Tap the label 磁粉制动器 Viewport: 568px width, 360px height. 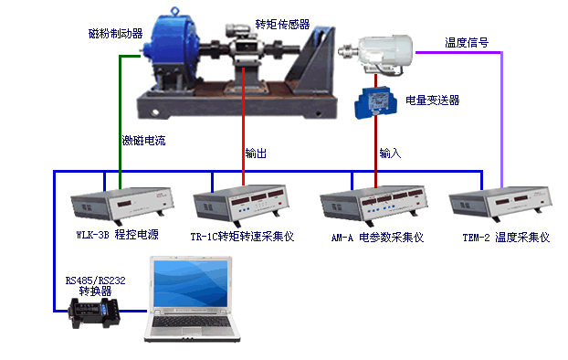(116, 34)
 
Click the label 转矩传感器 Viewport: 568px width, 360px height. (282, 25)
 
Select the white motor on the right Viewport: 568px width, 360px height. (377, 54)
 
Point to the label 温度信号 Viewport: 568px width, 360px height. (467, 43)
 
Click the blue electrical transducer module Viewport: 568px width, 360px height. (375, 102)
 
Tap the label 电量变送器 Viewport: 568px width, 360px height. (433, 101)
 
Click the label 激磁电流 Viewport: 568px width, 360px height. (143, 141)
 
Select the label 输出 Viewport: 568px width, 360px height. (256, 154)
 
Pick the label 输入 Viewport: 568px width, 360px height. (390, 154)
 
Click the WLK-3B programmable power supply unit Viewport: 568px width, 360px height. (122, 206)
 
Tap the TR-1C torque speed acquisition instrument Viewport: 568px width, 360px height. (241, 203)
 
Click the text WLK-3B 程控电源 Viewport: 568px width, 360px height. (118, 235)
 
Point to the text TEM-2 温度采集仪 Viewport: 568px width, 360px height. (506, 238)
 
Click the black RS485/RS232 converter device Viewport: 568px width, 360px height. (94, 312)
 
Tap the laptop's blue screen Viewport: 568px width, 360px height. (191, 283)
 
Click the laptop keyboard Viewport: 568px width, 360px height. (191, 322)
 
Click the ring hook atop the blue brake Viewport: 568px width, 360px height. (175, 11)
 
